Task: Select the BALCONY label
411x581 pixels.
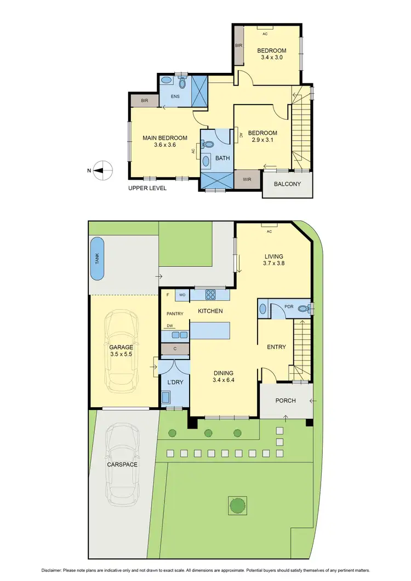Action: pos(288,184)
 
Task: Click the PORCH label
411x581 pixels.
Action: pos(286,401)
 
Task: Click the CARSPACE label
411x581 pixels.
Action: pos(123,464)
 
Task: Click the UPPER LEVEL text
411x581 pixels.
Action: pos(147,188)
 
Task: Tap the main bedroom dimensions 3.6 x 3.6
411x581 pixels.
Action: pos(165,145)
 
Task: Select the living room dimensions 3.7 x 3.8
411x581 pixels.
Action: pos(274,263)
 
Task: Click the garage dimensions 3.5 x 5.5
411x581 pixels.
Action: pos(121,355)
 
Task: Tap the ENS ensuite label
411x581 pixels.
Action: pos(175,96)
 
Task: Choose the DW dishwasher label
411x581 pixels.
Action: pos(170,326)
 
